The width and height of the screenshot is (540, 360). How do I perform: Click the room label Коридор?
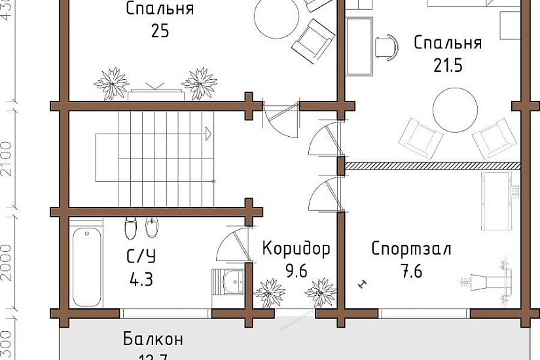[x=296, y=249]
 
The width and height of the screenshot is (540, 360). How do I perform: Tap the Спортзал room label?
[x=411, y=249]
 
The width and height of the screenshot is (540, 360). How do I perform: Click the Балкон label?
[x=153, y=340]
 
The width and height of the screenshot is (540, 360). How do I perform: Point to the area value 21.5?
[x=448, y=65]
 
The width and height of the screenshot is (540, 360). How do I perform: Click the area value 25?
[x=160, y=31]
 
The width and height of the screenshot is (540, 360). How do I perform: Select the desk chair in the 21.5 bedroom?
[x=386, y=45]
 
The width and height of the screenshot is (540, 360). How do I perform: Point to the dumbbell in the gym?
[x=361, y=283]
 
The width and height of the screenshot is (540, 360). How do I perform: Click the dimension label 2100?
[x=6, y=158]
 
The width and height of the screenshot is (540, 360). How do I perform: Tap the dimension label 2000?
[x=6, y=262]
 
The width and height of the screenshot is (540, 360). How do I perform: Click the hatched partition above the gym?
[x=432, y=166]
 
